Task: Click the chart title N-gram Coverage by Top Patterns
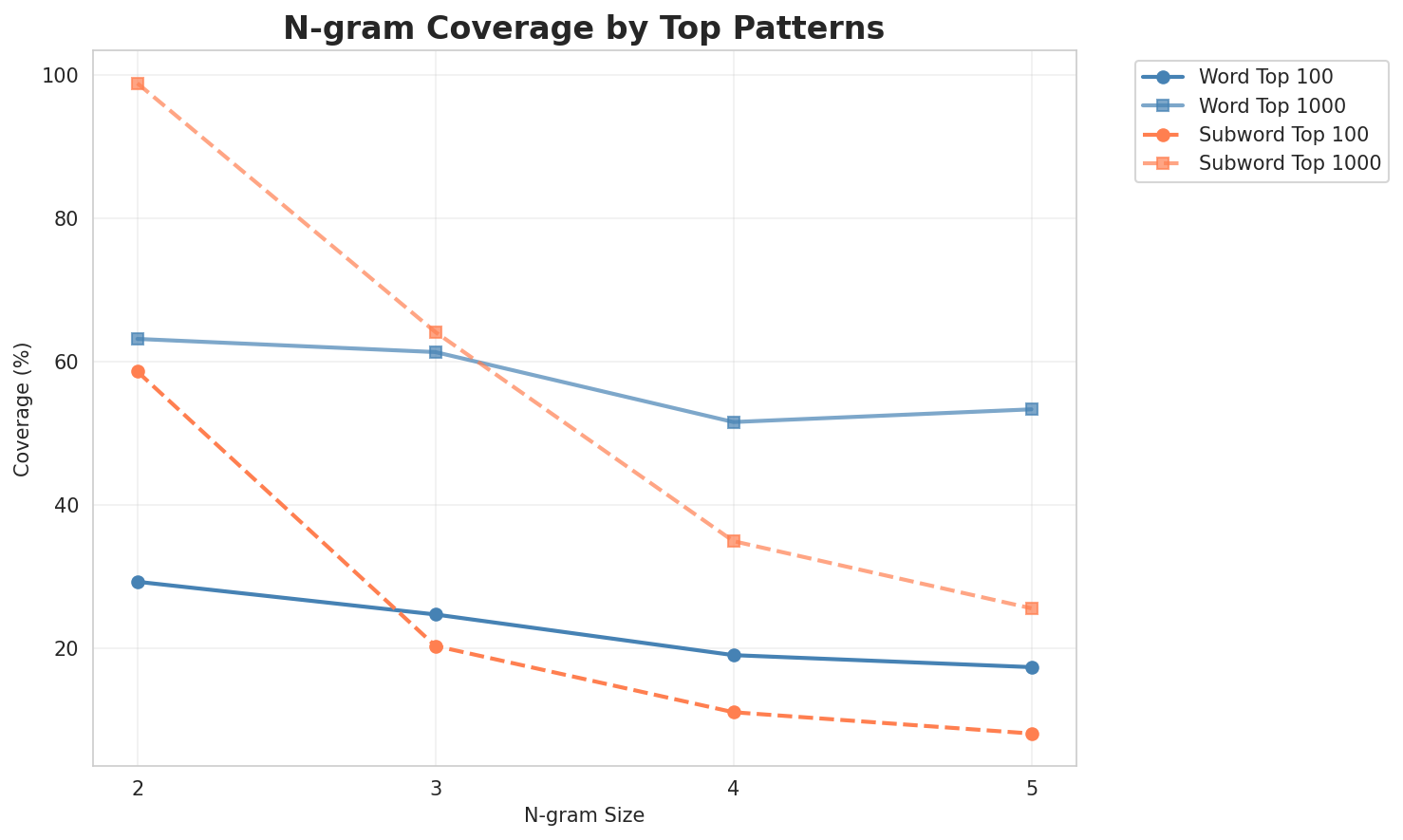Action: (x=584, y=28)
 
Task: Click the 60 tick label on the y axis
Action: (x=70, y=363)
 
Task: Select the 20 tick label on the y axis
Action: (x=70, y=649)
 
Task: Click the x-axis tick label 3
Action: (x=436, y=789)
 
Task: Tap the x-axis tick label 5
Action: (x=1032, y=789)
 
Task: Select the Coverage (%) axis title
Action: (x=23, y=408)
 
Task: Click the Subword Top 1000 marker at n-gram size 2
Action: (x=138, y=84)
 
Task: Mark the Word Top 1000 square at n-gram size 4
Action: (x=734, y=422)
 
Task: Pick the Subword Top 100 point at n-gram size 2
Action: (x=138, y=372)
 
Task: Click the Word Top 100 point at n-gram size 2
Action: (x=138, y=582)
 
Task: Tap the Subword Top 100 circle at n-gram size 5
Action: (x=1032, y=734)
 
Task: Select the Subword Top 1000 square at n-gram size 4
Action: (x=734, y=541)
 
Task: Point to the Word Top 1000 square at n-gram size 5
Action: (x=1032, y=409)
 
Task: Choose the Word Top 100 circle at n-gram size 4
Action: (x=734, y=655)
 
